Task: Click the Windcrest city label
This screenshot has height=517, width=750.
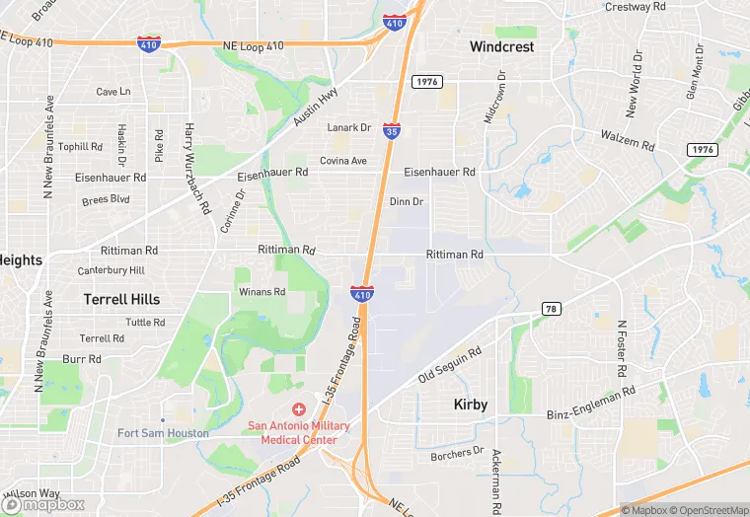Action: (502, 46)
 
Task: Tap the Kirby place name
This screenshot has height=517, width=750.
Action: (471, 405)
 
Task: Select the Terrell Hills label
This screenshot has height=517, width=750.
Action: (121, 299)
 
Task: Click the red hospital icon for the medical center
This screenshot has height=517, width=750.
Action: (298, 408)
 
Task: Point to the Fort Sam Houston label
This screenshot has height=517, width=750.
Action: (163, 433)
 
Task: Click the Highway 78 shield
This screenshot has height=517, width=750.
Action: (552, 309)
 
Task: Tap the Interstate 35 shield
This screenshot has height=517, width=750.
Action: (392, 130)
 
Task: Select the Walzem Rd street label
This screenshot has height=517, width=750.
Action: (628, 139)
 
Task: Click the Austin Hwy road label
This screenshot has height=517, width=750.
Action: (316, 108)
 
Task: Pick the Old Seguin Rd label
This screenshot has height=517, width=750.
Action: (449, 364)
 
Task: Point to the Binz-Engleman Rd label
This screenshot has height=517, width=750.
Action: (590, 405)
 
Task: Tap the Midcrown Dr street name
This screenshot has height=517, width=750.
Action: (494, 96)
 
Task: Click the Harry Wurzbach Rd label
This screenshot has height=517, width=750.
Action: (196, 169)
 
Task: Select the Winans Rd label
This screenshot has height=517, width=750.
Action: (262, 292)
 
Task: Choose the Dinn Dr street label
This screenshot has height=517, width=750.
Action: (407, 201)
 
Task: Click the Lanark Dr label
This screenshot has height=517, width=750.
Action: (349, 127)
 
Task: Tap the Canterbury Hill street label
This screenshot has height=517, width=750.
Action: (112, 270)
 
